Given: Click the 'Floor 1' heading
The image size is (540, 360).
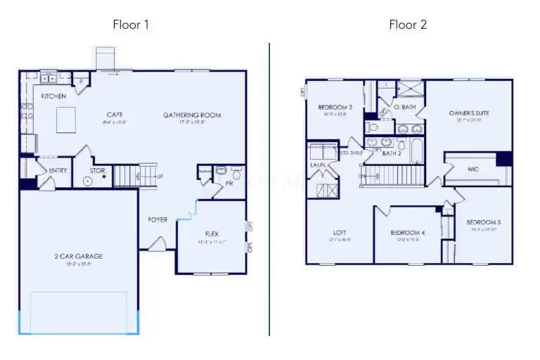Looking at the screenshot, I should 131,25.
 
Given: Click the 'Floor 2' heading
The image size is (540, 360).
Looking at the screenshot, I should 408,25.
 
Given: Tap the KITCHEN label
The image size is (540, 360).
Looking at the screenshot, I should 53,96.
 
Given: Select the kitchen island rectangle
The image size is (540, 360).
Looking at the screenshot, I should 67,115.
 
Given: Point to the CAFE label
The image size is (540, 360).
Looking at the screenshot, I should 115,115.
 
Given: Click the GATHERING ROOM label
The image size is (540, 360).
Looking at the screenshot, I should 192,115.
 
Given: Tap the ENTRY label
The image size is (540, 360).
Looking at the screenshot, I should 57,171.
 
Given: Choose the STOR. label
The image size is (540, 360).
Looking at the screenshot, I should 98,170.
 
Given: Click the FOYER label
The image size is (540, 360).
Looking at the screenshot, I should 157,219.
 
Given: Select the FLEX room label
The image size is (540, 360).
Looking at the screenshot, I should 212,233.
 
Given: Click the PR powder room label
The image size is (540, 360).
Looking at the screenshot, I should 230,183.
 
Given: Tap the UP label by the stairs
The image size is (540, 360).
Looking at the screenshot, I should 160,176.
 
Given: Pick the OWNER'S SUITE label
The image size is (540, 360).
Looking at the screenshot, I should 469,112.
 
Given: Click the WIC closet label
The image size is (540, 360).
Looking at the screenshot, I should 473,169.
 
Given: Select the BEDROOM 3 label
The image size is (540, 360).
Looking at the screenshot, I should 483,222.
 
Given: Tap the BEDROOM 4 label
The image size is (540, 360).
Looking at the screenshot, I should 408,233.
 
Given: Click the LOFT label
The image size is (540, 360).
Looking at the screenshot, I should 340,233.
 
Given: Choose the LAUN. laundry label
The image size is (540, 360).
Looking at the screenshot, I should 318,165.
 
